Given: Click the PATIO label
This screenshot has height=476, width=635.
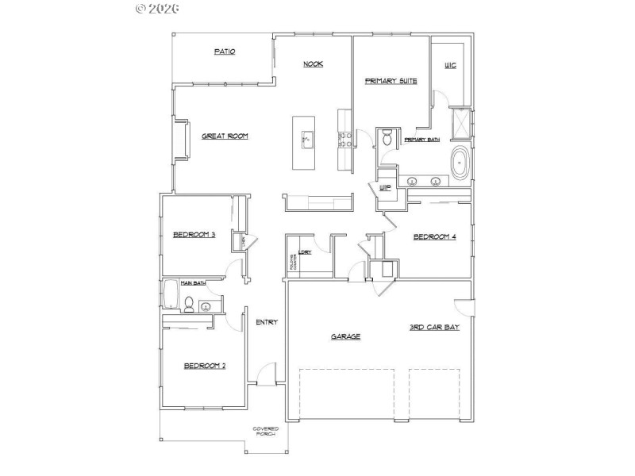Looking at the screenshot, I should [225, 52].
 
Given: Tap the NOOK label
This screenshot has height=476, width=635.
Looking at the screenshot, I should [313, 64].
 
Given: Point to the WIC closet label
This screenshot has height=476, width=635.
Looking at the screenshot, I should [450, 65].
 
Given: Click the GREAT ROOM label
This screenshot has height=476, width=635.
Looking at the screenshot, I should [225, 136].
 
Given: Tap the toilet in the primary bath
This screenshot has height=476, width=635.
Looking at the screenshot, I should [387, 139].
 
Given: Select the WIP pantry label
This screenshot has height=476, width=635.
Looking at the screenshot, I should [386, 188].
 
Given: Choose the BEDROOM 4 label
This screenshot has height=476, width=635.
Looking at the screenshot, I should [435, 236].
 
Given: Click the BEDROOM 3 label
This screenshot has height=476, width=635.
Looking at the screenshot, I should [194, 234].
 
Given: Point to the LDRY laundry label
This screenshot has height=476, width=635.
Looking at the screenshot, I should [303, 253].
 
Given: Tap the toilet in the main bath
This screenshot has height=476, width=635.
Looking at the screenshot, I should [189, 302].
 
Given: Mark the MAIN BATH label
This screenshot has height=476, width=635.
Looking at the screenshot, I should [193, 282].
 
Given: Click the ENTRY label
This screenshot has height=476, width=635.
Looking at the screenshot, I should [265, 322].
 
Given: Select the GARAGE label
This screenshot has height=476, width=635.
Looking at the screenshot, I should [345, 336].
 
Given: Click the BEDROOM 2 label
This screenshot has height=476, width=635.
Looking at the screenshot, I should [205, 366].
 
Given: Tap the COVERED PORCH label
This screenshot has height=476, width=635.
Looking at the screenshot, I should [265, 432].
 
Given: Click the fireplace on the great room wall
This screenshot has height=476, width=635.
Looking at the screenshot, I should [181, 141].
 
